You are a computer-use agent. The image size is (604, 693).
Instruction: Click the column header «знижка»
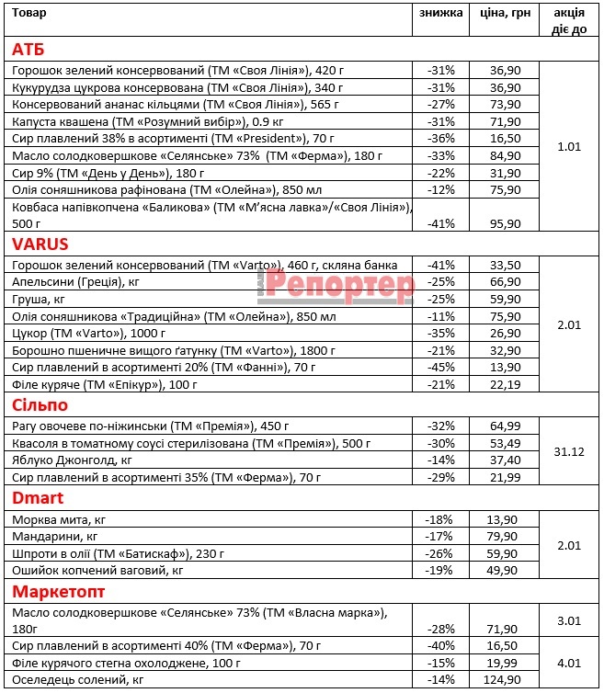click(x=441, y=13)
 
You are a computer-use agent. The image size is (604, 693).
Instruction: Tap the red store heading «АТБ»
click(x=28, y=49)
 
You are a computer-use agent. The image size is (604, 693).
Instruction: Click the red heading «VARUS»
click(x=41, y=244)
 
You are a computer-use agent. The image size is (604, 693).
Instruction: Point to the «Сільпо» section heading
click(x=40, y=405)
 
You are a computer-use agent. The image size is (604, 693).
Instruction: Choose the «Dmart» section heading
click(x=37, y=498)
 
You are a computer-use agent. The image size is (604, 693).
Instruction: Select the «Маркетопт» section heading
click(x=58, y=590)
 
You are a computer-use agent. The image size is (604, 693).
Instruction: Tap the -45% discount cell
click(x=441, y=366)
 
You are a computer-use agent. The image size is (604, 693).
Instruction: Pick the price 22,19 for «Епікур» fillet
click(x=506, y=383)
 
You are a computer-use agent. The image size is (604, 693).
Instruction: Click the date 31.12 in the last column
click(x=570, y=451)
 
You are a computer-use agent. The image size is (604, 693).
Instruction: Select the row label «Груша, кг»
click(x=40, y=299)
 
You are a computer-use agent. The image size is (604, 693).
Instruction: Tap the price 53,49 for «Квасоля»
click(x=506, y=443)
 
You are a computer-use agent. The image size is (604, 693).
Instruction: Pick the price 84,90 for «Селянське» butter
click(x=506, y=154)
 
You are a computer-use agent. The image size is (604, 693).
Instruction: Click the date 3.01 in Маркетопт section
click(x=570, y=620)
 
